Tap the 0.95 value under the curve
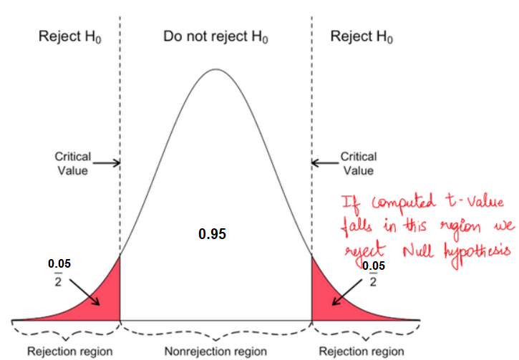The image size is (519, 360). tap(213, 234)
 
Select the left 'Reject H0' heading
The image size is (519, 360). tap(69, 37)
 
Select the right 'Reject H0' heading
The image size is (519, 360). tap(362, 37)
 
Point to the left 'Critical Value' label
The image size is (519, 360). tap(72, 162)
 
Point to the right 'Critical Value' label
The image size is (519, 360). tap(357, 162)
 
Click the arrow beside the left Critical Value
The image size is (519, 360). tap(106, 163)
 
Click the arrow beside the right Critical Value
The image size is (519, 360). tap(325, 163)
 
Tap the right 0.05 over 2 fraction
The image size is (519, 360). tap(372, 273)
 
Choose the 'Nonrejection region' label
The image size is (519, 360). tap(215, 351)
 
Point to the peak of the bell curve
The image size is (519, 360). tap(215, 69)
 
